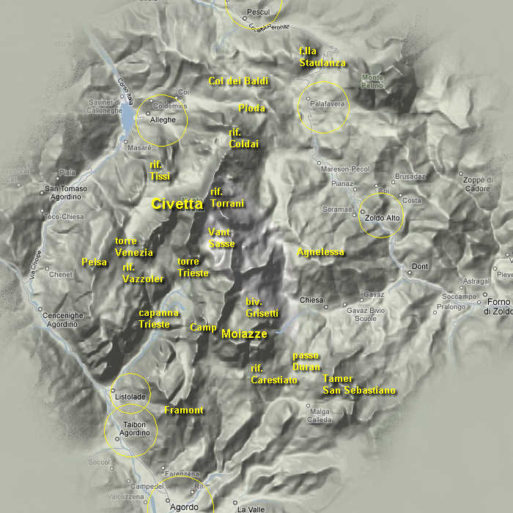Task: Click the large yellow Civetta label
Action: pos(177,204)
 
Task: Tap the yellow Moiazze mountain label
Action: pos(244,334)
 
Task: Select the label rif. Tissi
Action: pos(159,171)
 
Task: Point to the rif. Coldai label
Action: pos(243,139)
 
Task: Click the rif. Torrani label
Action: pos(226,198)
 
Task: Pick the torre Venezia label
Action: pos(133,247)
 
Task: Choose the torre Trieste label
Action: pos(193,267)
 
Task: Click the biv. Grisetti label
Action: pos(262,308)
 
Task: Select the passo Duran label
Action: pos(306,361)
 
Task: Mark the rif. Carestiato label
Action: pos(273,374)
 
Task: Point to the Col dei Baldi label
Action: pos(238,81)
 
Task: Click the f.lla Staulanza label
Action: pos(322,57)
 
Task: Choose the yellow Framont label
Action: pos(184,410)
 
